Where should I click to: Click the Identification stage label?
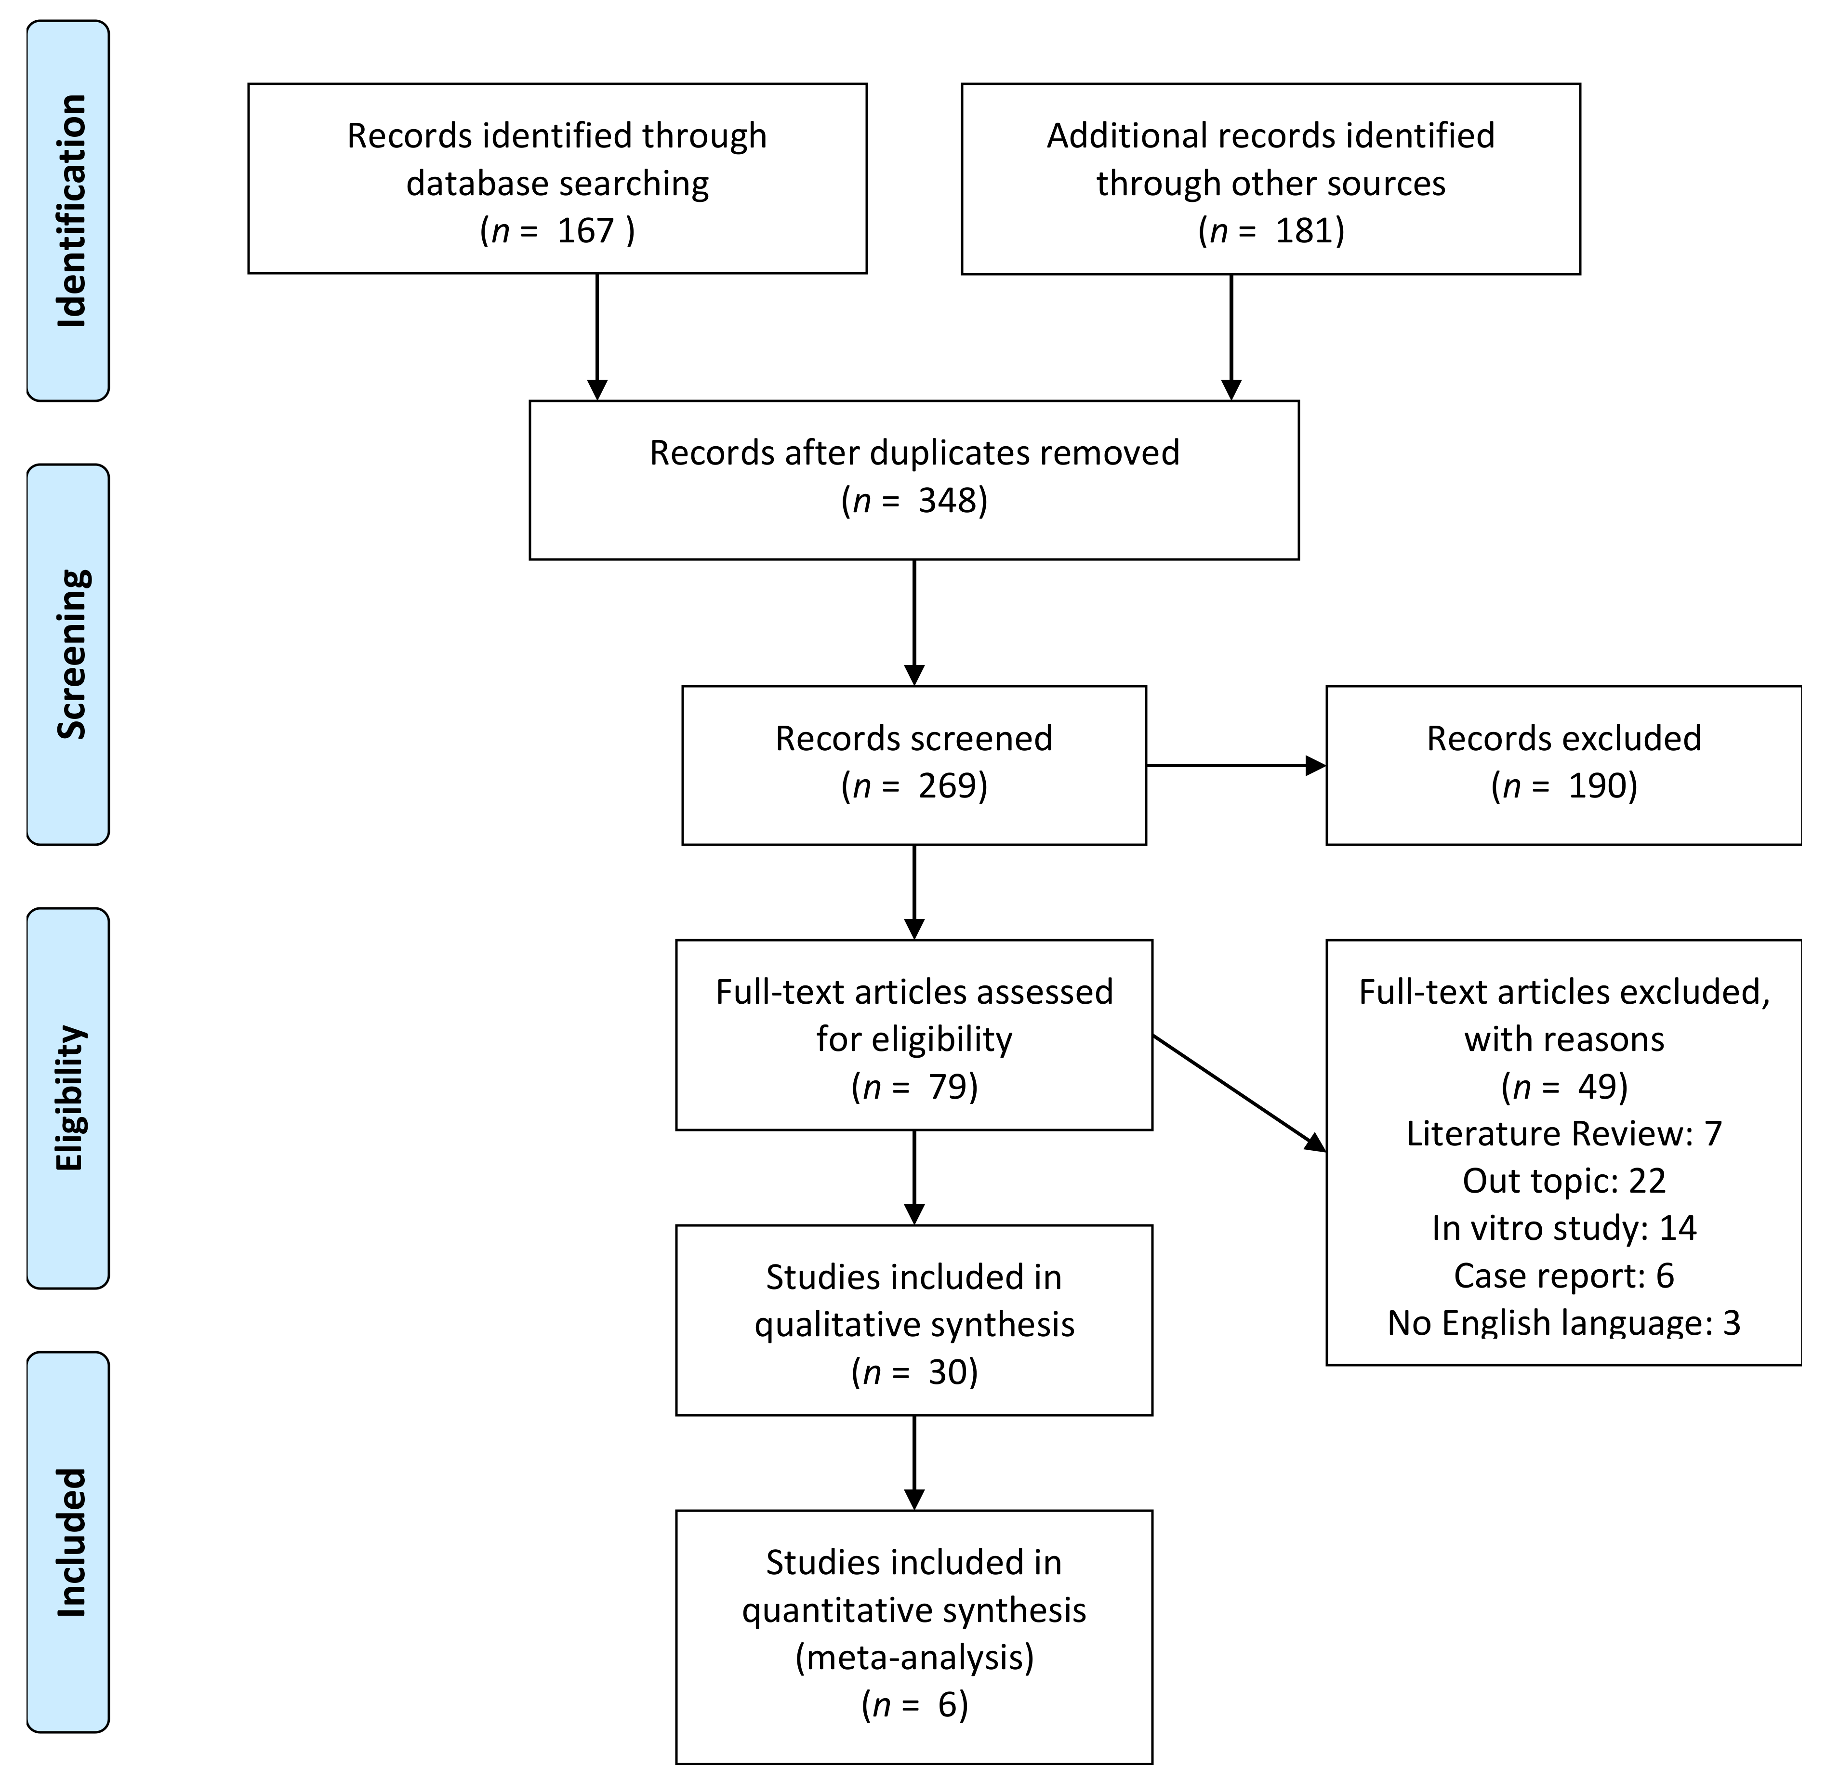tap(71, 212)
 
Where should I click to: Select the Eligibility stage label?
tap(71, 1098)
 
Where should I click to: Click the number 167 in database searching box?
tap(585, 230)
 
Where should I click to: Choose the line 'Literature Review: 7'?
tap(1564, 1134)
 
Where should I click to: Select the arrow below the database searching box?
tap(597, 337)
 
